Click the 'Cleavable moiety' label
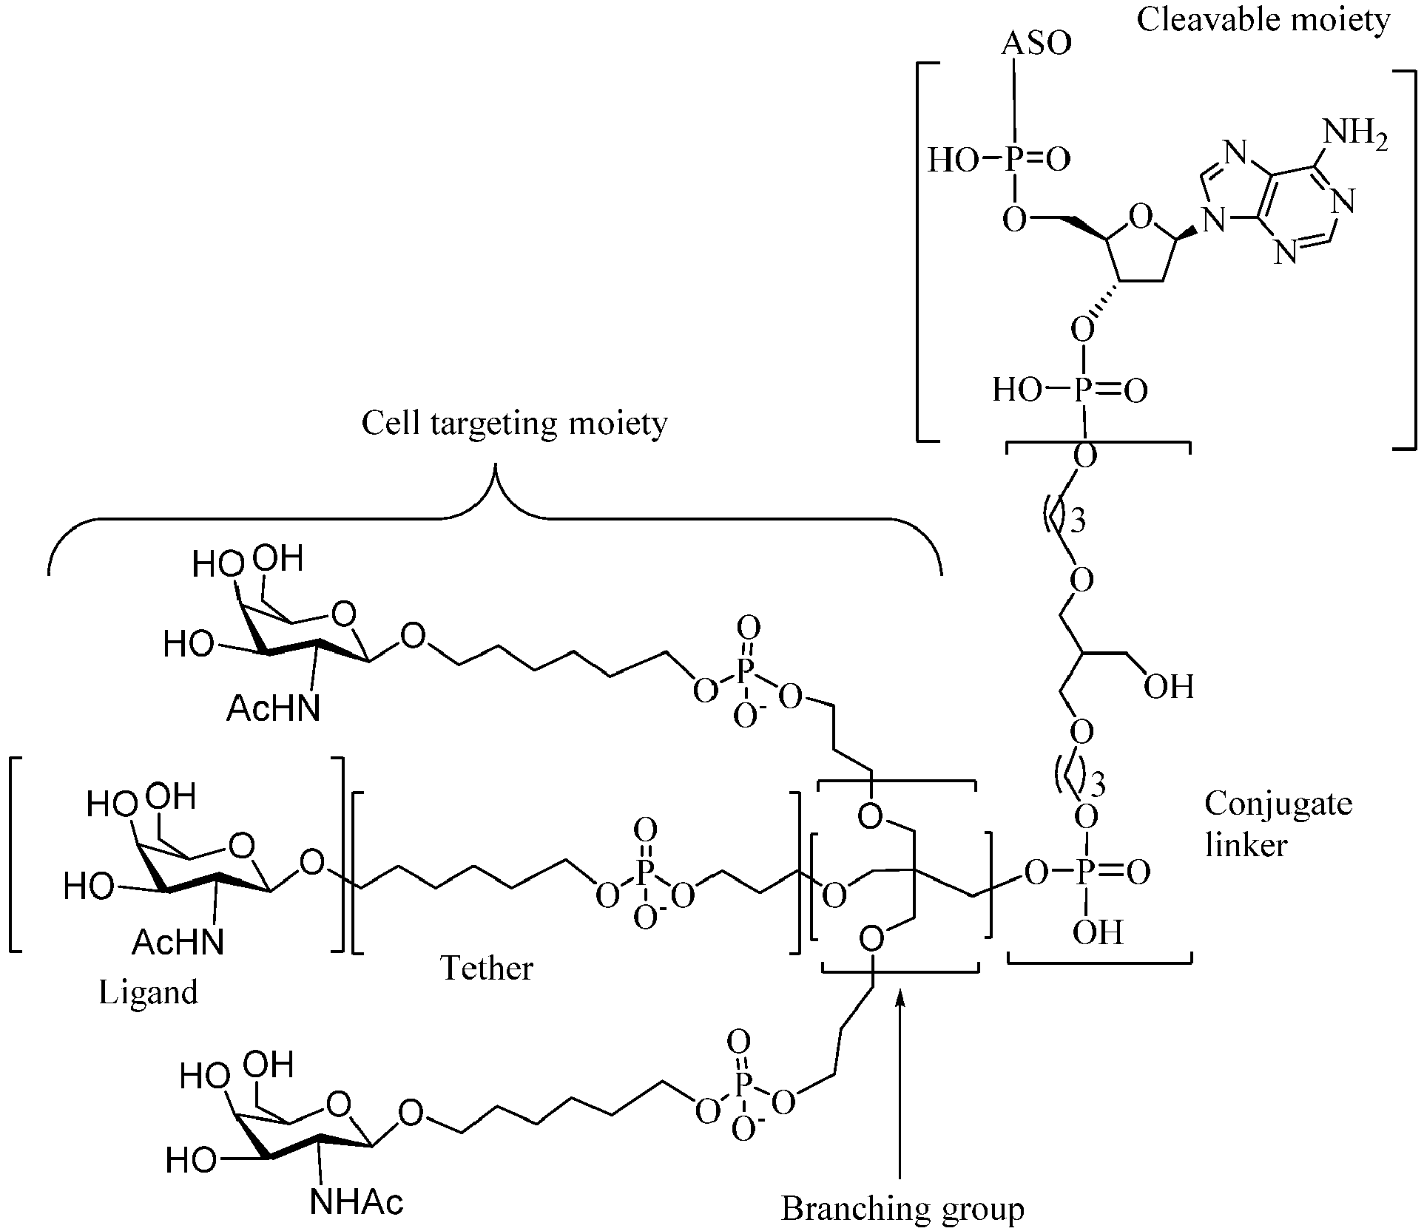[1263, 20]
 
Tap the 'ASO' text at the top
[1036, 44]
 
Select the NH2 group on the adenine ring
[1354, 135]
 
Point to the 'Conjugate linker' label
[1278, 823]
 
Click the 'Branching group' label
[902, 1208]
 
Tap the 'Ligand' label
[149, 993]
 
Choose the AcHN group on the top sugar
[274, 708]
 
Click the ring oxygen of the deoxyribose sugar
[1141, 217]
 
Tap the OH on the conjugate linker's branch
[1169, 687]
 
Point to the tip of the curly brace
[496, 464]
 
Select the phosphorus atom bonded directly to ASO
[1014, 160]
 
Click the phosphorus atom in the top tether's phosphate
[747, 671]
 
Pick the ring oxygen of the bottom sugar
[339, 1105]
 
